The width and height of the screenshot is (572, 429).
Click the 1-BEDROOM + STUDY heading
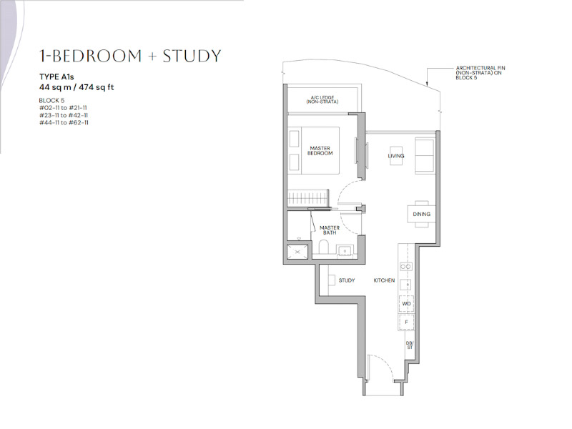point(130,56)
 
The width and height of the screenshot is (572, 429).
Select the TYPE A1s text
point(56,77)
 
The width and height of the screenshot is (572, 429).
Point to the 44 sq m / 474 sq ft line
point(77,87)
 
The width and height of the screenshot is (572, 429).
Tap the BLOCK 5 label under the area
point(51,100)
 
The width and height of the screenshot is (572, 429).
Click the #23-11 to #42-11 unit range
point(64,115)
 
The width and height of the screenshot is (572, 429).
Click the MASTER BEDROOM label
point(320,151)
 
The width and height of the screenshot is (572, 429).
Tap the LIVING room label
point(396,156)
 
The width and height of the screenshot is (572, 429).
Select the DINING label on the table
point(421,214)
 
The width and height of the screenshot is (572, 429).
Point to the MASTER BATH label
point(330,230)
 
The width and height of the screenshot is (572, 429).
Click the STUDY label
point(347,280)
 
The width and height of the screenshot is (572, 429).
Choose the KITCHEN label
point(384,280)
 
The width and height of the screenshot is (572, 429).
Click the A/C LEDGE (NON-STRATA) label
point(322,99)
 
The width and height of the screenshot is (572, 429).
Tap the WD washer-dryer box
point(406,303)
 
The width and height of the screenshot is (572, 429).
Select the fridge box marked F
point(406,322)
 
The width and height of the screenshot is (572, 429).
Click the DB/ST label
point(410,345)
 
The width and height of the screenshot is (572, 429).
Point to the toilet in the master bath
point(324,247)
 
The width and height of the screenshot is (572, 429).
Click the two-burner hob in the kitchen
point(406,267)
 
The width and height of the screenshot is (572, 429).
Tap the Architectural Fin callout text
point(480,73)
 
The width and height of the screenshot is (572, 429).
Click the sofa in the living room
point(424,156)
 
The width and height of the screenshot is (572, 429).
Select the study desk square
point(332,280)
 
